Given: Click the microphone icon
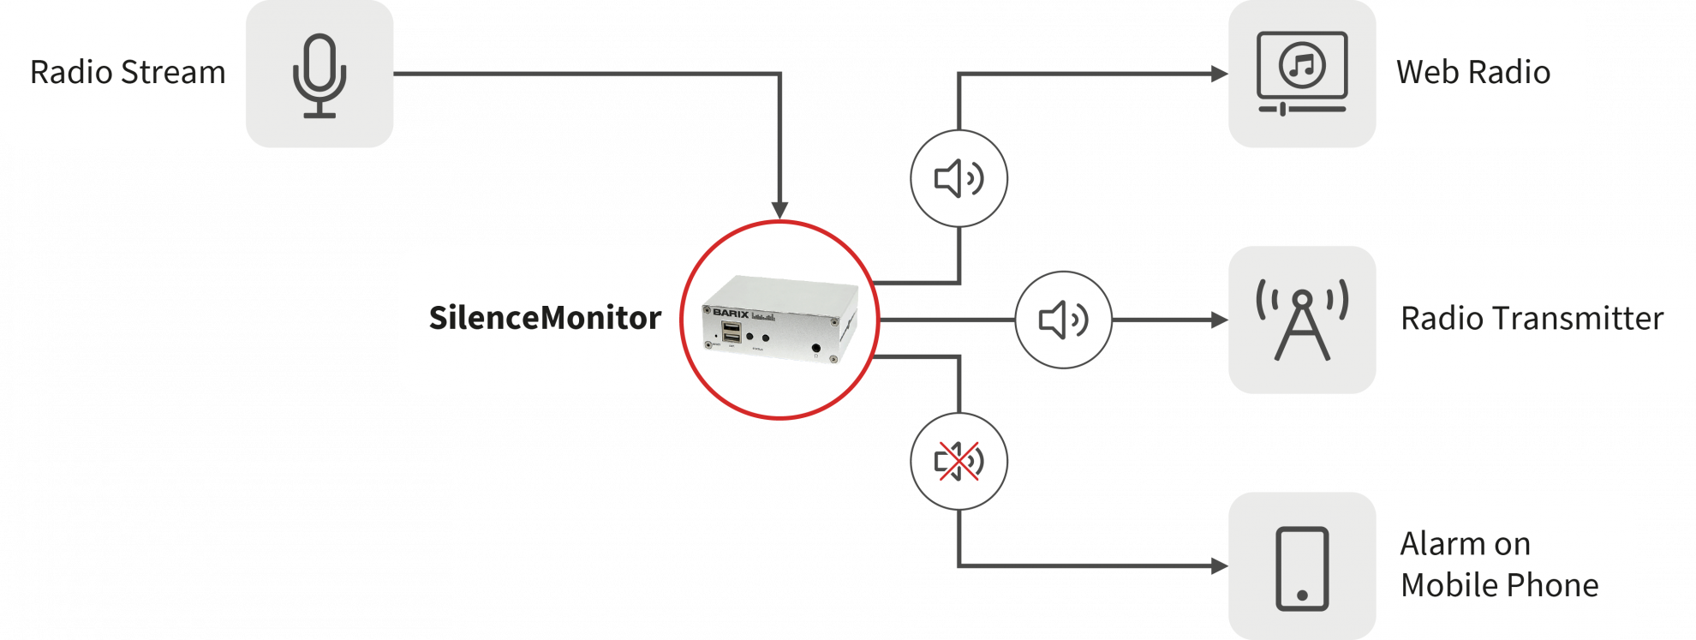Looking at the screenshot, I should click(x=319, y=75).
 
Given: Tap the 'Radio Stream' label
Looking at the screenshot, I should click(x=128, y=73).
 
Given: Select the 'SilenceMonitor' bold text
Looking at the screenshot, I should click(x=545, y=318).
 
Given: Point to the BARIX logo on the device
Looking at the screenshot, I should click(x=731, y=313).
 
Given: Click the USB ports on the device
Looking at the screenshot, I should click(x=732, y=332).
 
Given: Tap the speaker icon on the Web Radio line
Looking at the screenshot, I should click(x=958, y=179).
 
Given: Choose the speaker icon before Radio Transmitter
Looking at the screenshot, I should click(x=1063, y=320).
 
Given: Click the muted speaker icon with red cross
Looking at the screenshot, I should click(x=958, y=462).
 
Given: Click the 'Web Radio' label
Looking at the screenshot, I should click(x=1472, y=73).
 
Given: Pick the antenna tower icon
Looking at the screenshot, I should click(x=1302, y=320).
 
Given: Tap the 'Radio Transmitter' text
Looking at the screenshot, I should click(x=1532, y=319).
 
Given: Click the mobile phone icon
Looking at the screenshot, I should click(x=1302, y=568).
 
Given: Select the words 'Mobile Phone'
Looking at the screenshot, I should click(x=1499, y=585).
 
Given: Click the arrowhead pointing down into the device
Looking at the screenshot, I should click(x=779, y=210).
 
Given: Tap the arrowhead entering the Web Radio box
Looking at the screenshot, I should click(x=1219, y=75).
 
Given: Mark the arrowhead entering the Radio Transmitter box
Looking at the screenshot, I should click(x=1219, y=320).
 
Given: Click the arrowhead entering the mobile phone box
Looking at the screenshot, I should click(x=1219, y=566).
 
